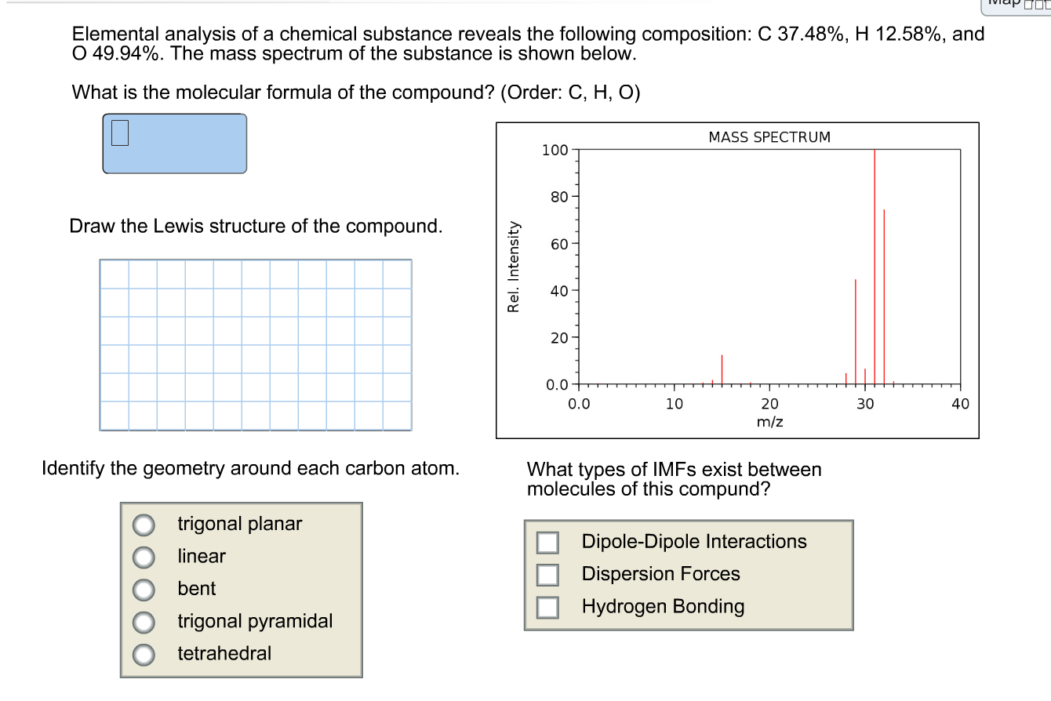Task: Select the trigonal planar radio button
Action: (143, 524)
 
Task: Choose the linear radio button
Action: (143, 557)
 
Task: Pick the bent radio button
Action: (143, 589)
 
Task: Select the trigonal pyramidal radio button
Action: (143, 622)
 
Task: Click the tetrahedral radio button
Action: (143, 654)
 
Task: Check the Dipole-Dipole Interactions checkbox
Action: (547, 542)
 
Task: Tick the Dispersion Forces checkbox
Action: (547, 575)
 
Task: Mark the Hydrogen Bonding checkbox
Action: (547, 607)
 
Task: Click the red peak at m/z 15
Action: (722, 369)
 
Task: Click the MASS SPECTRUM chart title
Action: (769, 137)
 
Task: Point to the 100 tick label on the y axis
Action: (554, 150)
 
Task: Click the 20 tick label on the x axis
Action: (769, 405)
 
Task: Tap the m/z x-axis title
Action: (769, 422)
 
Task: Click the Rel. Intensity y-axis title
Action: (514, 267)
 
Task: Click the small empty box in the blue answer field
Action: (119, 133)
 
